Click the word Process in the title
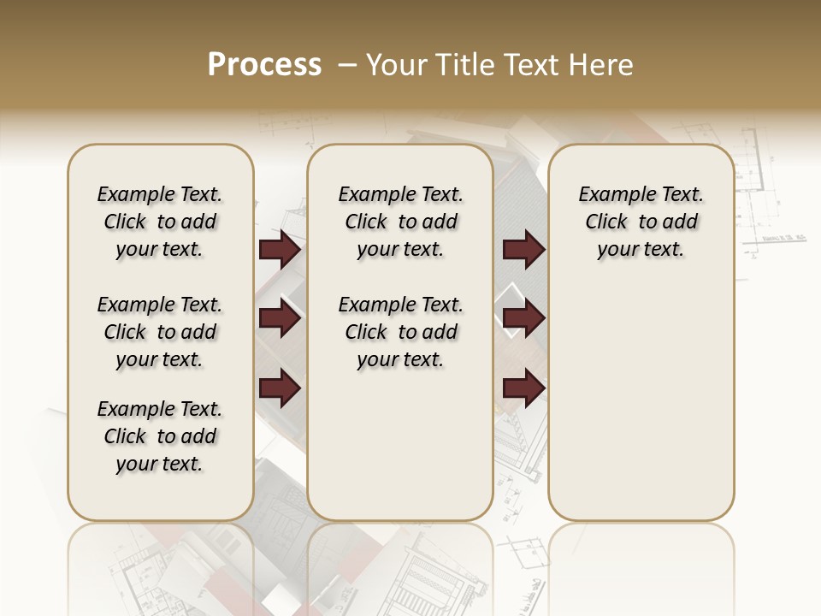click(x=264, y=64)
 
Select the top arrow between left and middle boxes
click(x=280, y=250)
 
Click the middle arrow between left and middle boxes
click(x=280, y=319)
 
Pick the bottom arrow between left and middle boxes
click(x=280, y=388)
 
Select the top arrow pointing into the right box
click(x=523, y=250)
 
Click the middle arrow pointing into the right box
click(x=523, y=319)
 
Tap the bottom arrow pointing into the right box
click(x=523, y=388)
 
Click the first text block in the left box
click(x=160, y=222)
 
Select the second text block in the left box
click(x=160, y=332)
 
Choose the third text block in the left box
click(x=160, y=436)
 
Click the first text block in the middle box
click(x=400, y=222)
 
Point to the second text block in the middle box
click(x=400, y=332)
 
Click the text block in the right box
click(x=641, y=222)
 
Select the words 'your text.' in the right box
click(x=641, y=249)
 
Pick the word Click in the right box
click(x=606, y=222)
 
